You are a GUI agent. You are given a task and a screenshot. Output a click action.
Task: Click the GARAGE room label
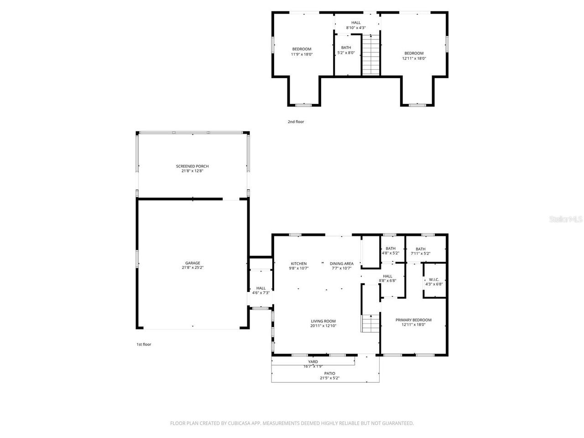[x=193, y=263]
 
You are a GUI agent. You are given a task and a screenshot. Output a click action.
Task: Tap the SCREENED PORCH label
[x=192, y=166]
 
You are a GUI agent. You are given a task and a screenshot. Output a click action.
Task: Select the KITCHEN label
[x=299, y=263]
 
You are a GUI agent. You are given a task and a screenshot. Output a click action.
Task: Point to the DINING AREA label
[x=342, y=263]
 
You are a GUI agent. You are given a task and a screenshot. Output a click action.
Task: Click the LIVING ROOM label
[x=323, y=321]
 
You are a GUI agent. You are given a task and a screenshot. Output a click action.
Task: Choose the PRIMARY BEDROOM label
[x=413, y=320]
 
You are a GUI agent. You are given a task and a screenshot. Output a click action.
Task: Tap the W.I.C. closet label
[x=434, y=279]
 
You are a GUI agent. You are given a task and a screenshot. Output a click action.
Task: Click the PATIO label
[x=329, y=373]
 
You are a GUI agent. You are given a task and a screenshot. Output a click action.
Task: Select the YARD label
[x=313, y=362]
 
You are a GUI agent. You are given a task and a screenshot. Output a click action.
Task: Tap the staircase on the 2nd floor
[x=371, y=55]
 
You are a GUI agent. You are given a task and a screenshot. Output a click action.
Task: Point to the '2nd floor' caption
[x=296, y=122]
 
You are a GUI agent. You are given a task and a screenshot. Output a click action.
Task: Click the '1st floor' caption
[x=144, y=344]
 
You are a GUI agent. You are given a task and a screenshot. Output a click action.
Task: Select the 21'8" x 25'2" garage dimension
[x=193, y=268]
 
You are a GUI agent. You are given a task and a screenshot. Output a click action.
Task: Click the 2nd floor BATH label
[x=346, y=47]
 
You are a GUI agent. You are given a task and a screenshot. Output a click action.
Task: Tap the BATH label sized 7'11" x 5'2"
[x=420, y=249]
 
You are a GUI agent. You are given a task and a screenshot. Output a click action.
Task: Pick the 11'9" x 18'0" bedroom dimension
[x=302, y=54]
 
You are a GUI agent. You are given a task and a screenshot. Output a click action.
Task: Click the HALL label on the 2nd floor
[x=356, y=22]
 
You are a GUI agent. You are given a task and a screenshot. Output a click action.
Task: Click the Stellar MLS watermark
[x=566, y=219]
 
